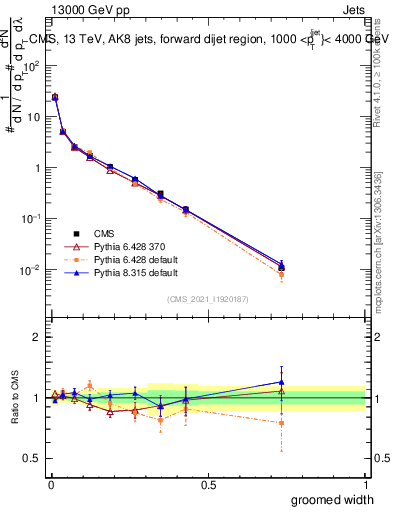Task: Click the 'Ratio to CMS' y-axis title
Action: click(16, 399)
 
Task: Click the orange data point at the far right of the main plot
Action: click(282, 274)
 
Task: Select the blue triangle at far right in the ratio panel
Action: click(282, 381)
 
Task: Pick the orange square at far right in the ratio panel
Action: click(282, 423)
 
